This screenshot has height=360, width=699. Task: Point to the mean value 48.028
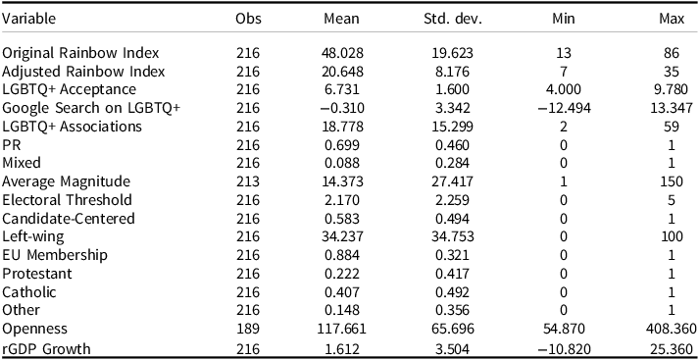pyautogui.click(x=343, y=52)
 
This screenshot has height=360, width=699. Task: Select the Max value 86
pyautogui.click(x=677, y=52)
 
